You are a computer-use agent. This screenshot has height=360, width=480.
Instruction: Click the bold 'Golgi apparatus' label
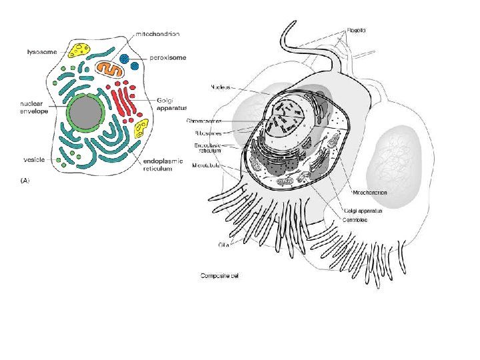[x=172, y=103]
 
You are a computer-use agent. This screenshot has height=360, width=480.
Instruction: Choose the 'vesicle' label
[x=33, y=160]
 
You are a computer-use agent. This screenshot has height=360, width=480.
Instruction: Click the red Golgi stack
[x=124, y=101]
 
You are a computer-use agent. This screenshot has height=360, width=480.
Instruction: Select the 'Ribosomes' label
[x=213, y=133]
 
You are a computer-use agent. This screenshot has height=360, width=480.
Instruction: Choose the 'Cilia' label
[x=224, y=245]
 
